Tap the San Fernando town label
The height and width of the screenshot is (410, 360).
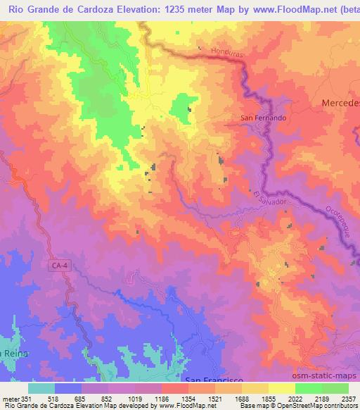coord(263,118)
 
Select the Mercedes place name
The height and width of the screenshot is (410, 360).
coord(340,103)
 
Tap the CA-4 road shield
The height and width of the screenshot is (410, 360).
coord(60,265)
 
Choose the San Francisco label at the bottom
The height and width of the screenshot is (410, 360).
coord(214,380)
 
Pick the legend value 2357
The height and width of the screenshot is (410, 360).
coord(347,398)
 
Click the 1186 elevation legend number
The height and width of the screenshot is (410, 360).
coord(161,398)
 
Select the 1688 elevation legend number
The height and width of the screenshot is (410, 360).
coord(241,398)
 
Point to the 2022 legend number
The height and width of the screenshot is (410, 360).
coord(295,398)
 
